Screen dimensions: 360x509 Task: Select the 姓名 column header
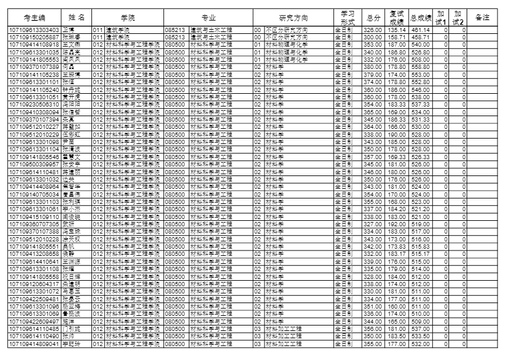tap(76, 17)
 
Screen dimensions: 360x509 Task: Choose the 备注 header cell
tap(482, 17)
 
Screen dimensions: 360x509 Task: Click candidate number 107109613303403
tap(34, 29)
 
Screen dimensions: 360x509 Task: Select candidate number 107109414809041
tap(34, 344)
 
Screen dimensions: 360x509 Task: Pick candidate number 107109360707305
tap(34, 224)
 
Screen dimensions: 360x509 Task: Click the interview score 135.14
tap(396, 29)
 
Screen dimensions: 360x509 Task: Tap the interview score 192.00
tap(396, 224)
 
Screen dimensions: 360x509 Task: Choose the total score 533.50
tap(419, 336)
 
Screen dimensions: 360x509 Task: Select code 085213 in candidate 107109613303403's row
tap(175, 29)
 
